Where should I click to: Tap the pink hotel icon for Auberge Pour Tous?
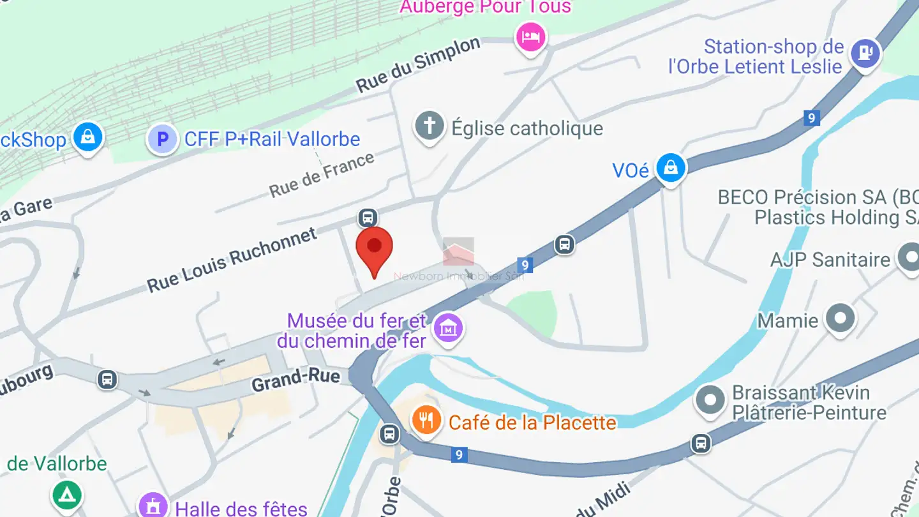(530, 36)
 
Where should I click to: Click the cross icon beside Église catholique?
(430, 126)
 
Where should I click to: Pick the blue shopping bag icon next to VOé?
(671, 167)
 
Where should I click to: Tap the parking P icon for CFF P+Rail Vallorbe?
(162, 139)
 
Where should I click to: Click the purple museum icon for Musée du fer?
(449, 329)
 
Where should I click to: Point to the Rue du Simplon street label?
(418, 64)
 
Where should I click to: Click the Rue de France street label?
(322, 174)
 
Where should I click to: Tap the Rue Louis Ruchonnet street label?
(232, 260)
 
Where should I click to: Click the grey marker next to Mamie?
(841, 317)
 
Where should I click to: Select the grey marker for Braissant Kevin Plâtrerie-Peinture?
(710, 401)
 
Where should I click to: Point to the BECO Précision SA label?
(818, 197)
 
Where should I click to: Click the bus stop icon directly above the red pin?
(367, 218)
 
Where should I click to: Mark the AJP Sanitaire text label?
(830, 260)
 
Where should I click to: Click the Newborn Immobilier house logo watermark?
(459, 252)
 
